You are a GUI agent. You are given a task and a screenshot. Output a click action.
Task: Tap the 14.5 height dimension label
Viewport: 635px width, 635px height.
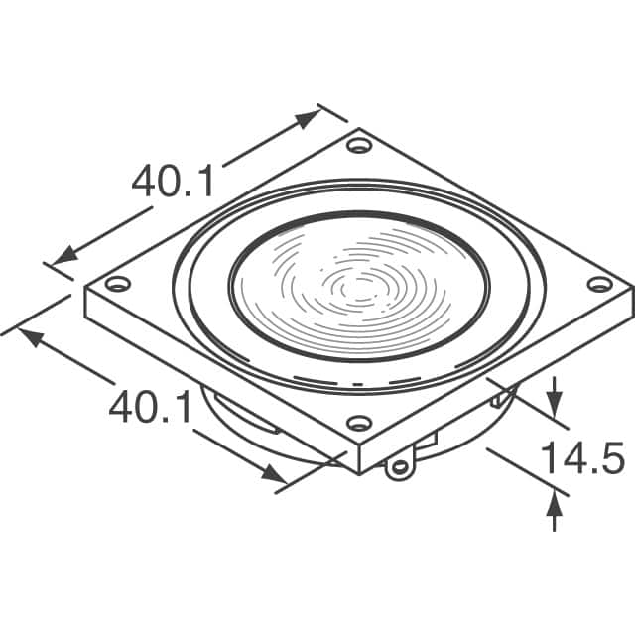point(582,458)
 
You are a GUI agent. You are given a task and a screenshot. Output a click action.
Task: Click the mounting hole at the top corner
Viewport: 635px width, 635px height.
point(359,145)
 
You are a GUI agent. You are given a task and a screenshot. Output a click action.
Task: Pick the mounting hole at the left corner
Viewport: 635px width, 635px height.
point(118,283)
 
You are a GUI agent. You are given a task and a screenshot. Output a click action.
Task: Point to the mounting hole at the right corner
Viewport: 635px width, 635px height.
point(600,284)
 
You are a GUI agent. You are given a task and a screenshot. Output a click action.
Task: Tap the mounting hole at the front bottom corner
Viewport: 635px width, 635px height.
point(359,424)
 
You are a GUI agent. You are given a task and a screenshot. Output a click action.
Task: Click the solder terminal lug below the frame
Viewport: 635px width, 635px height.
point(400,467)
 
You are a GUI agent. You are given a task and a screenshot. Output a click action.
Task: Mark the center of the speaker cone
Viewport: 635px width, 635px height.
point(359,287)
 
